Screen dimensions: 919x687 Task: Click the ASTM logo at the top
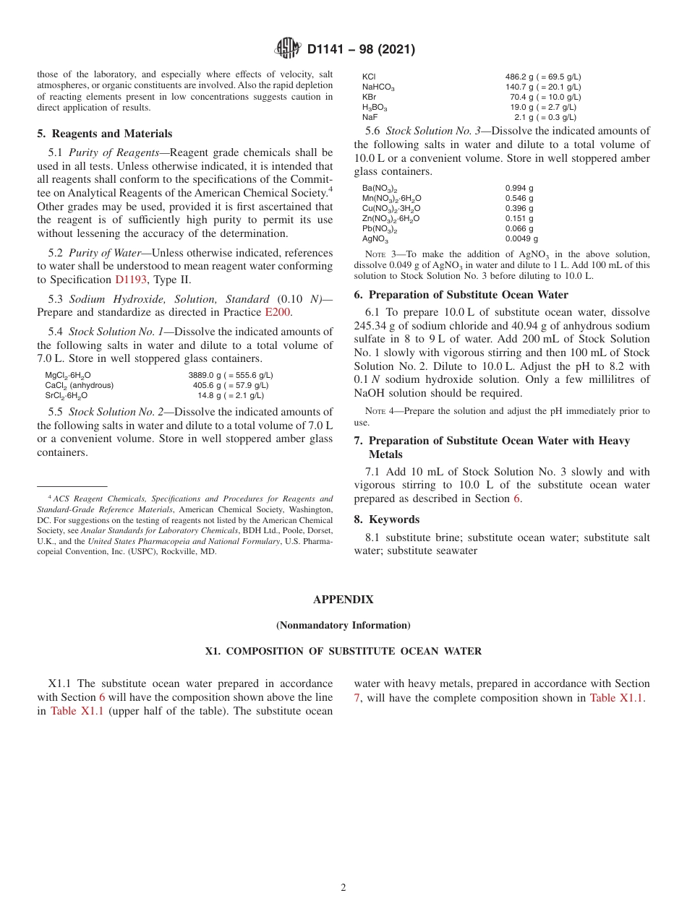tap(289, 49)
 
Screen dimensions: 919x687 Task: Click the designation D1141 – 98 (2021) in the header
tap(360, 50)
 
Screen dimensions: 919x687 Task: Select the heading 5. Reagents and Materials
tap(105, 134)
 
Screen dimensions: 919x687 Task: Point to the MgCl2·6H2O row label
tap(68, 376)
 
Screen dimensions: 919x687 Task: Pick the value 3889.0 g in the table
tap(205, 376)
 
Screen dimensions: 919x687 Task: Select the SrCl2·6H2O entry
tap(66, 396)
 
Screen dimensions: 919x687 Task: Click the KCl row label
tap(369, 77)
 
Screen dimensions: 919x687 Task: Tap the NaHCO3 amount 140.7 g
tap(521, 87)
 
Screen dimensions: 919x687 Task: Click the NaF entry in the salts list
tap(370, 117)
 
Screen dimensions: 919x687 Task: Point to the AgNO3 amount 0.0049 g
tap(521, 239)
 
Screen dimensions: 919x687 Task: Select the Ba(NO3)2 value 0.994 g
tap(519, 188)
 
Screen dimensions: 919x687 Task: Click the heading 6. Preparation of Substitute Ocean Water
tap(461, 295)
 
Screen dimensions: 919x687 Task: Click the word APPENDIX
tap(343, 600)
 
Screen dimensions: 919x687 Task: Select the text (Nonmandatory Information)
tap(343, 625)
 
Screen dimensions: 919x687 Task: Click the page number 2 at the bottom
tap(343, 888)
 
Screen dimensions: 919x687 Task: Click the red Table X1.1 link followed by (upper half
tap(77, 712)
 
